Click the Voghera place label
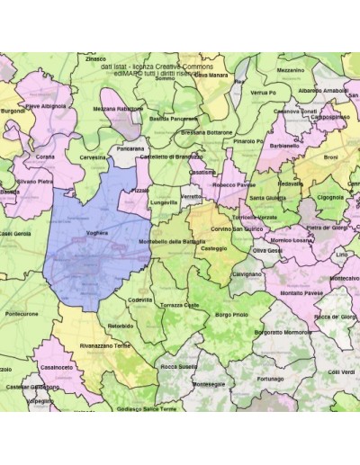click(96, 232)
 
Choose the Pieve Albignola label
click(45, 105)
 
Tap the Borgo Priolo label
click(231, 315)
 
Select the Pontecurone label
click(22, 314)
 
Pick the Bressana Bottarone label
click(206, 131)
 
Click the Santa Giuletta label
click(267, 197)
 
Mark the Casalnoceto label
click(56, 367)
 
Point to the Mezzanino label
click(290, 69)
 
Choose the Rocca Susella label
click(178, 367)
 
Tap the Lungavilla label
click(163, 202)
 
